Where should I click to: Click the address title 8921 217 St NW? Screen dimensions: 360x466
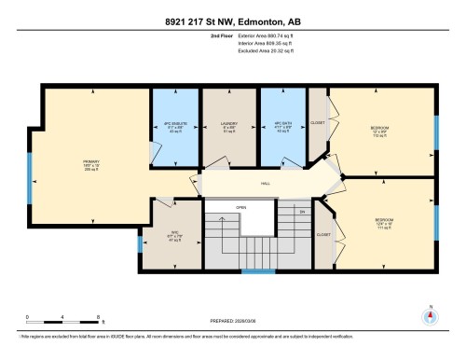click(232, 9)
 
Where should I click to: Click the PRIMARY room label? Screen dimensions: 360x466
click(90, 160)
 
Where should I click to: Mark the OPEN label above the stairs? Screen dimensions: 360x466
click(240, 207)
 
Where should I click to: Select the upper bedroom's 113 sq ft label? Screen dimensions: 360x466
click(378, 136)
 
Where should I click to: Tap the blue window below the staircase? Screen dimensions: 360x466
click(252, 272)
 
